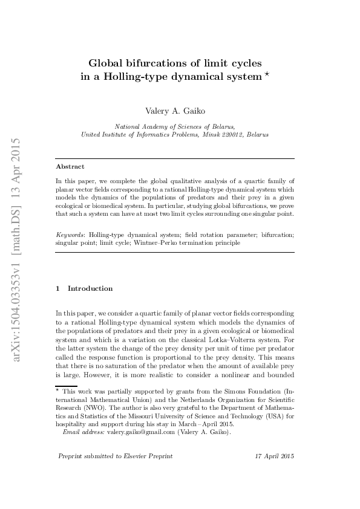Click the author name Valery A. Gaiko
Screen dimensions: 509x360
(175, 111)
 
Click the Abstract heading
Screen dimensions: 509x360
(70, 166)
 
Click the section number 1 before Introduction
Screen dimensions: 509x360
(57, 288)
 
